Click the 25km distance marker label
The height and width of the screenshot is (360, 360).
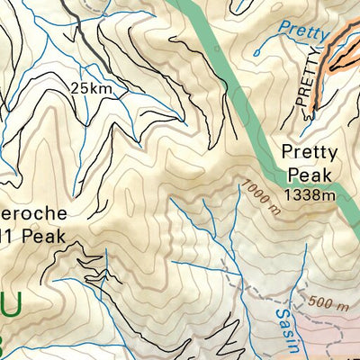click(x=92, y=87)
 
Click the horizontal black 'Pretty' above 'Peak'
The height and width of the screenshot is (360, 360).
click(x=304, y=152)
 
